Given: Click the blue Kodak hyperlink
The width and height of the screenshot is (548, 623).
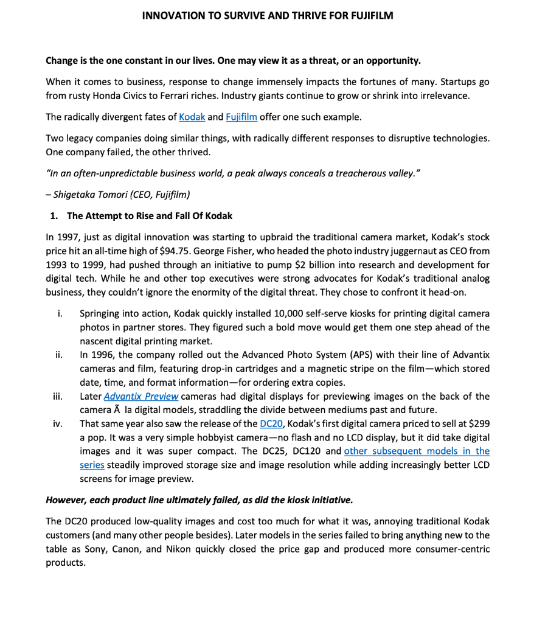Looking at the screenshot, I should click(192, 117).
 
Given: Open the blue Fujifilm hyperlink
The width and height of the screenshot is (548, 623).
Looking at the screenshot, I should click(241, 117).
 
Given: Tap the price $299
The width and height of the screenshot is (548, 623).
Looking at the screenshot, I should click(477, 424).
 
